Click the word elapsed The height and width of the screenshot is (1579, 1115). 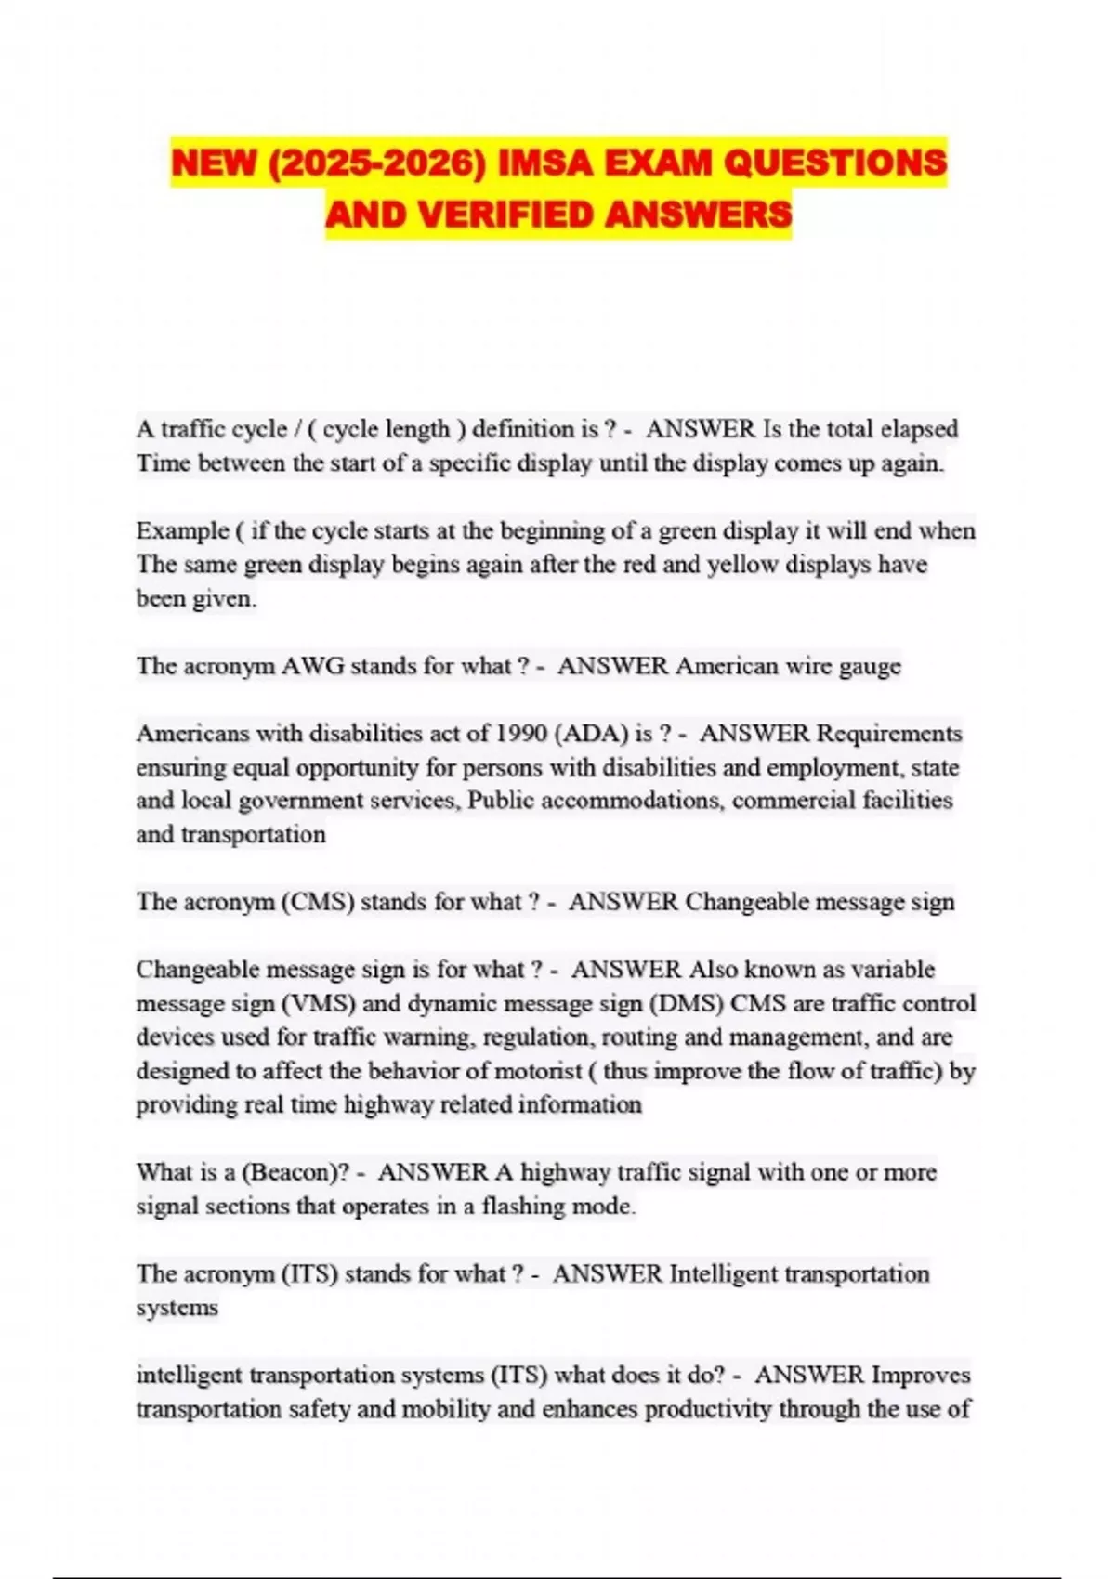click(919, 429)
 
